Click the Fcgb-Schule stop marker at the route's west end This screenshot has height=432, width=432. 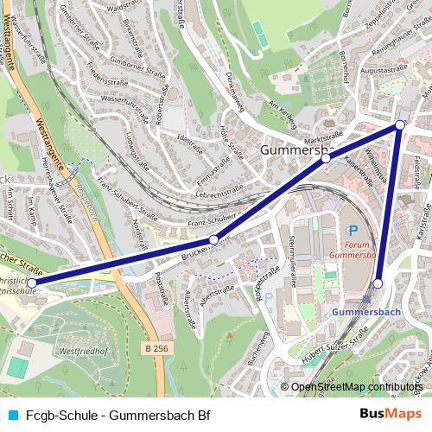[x=32, y=283]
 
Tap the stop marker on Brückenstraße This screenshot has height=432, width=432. [x=213, y=240]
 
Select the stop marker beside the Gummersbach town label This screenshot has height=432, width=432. [x=326, y=159]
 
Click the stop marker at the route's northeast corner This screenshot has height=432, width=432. [x=399, y=125]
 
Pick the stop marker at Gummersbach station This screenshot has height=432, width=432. [x=378, y=283]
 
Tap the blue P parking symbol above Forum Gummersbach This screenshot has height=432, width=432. [x=353, y=230]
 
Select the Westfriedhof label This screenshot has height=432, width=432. [x=84, y=353]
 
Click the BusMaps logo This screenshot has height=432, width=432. [x=389, y=415]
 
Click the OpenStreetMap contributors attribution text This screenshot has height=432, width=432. [x=356, y=387]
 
